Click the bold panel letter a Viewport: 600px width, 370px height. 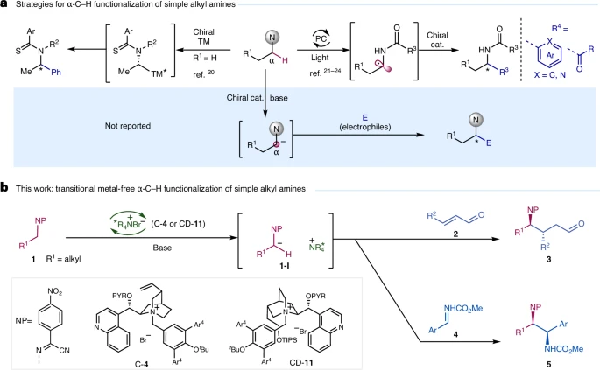pos(4,8)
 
